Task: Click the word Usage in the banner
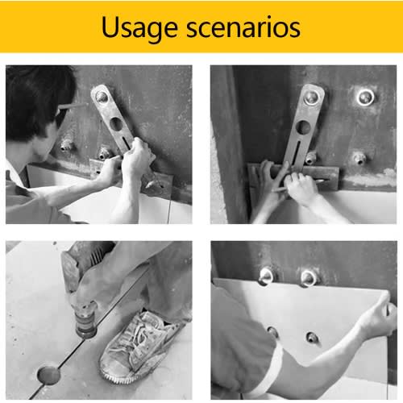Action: tap(139, 28)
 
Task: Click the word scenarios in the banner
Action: tap(243, 27)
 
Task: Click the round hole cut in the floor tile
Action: tap(48, 375)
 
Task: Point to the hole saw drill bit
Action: tap(85, 325)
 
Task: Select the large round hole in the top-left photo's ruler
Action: tap(116, 124)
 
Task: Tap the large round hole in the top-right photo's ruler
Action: tap(304, 127)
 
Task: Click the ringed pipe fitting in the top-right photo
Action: tap(365, 97)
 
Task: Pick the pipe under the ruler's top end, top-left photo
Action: tap(102, 96)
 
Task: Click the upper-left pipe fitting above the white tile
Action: tap(266, 276)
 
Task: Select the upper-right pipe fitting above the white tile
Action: tap(309, 278)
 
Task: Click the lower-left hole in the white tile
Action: tap(273, 332)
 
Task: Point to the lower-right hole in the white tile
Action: tap(312, 338)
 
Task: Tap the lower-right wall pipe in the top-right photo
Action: tap(359, 159)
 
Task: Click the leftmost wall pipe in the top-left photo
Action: tap(66, 145)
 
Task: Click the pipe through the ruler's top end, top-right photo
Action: tap(313, 98)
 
